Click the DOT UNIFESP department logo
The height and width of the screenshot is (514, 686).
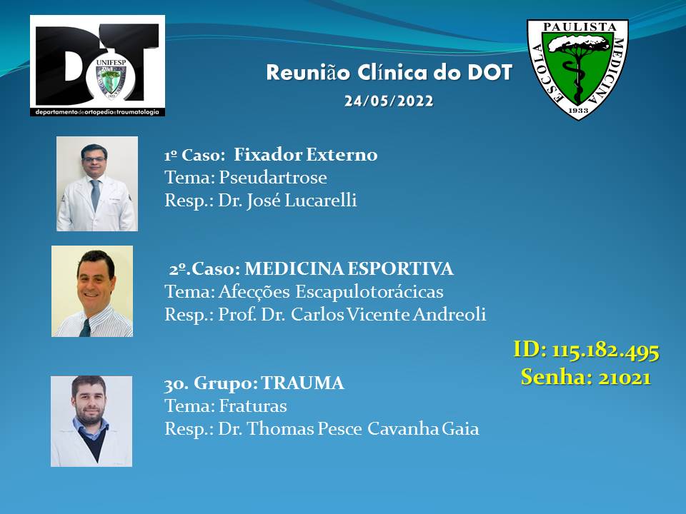pyautogui.click(x=98, y=66)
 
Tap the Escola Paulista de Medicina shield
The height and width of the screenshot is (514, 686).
pyautogui.click(x=577, y=69)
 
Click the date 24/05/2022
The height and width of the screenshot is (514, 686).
pyautogui.click(x=389, y=101)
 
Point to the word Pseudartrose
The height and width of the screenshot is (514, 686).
pyautogui.click(x=273, y=178)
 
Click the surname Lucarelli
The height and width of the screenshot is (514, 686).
pyautogui.click(x=321, y=200)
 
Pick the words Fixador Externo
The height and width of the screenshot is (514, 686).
pyautogui.click(x=305, y=154)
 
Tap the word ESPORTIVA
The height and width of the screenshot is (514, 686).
pyautogui.click(x=400, y=268)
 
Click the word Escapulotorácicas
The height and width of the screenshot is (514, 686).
pyautogui.click(x=369, y=291)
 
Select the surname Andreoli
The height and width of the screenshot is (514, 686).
pyautogui.click(x=449, y=314)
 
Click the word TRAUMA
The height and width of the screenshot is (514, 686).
pyautogui.click(x=303, y=383)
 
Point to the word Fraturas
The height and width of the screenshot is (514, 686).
pyautogui.click(x=253, y=406)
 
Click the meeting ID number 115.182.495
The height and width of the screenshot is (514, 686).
pyautogui.click(x=605, y=351)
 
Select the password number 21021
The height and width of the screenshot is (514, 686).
pyautogui.click(x=625, y=377)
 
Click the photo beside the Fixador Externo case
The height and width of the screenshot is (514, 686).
pyautogui.click(x=97, y=183)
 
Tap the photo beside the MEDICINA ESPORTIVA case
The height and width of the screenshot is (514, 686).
pyautogui.click(x=92, y=291)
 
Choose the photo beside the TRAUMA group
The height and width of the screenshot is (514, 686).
pyautogui.click(x=91, y=421)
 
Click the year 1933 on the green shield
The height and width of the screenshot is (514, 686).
pyautogui.click(x=578, y=110)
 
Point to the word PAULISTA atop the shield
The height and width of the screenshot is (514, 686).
pyautogui.click(x=580, y=26)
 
